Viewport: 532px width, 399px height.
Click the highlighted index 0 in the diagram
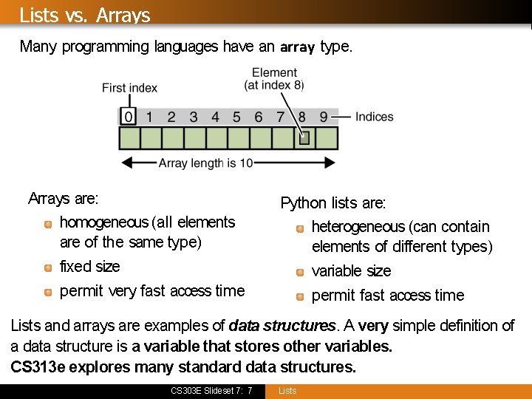129,117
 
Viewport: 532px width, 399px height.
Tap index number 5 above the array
236,117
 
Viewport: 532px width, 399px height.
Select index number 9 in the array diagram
324,117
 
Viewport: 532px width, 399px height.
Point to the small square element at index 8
303,137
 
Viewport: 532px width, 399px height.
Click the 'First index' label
129,88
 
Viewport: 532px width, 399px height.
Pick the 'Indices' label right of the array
374,117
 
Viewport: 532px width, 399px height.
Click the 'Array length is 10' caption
206,163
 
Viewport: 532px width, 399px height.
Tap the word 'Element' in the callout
274,72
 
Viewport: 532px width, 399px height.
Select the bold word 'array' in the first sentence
297,47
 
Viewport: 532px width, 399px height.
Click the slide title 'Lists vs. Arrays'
85,15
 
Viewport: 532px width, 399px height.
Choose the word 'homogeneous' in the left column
103,222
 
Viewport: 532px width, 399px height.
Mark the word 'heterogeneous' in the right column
358,227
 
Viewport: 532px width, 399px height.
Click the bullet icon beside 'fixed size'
47,267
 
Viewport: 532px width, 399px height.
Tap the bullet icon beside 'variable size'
299,272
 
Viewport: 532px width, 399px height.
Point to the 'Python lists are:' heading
333,202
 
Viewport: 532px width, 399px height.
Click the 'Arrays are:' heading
64,198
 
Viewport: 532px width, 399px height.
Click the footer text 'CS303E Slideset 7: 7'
211,391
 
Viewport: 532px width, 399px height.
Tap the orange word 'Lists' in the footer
287,391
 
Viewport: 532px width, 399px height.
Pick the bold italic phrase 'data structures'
282,326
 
